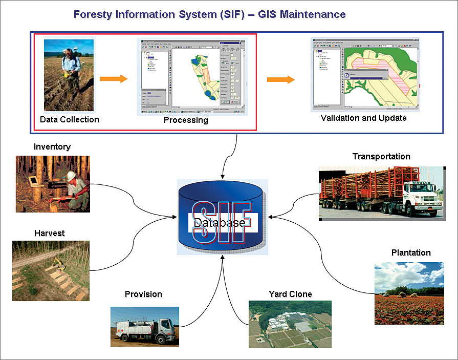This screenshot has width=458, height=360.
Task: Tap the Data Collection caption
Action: click(70, 119)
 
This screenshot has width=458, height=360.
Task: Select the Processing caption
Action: click(186, 120)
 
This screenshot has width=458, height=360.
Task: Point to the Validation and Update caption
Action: click(363, 118)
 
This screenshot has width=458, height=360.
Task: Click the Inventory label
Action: click(52, 147)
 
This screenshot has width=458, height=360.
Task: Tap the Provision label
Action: click(143, 294)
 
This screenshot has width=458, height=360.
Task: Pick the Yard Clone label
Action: click(290, 294)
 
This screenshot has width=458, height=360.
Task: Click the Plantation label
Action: click(411, 252)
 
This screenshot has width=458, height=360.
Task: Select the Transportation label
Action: click(381, 156)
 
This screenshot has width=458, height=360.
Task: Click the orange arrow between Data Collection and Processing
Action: click(113, 79)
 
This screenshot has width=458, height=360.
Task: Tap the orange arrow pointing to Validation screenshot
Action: click(281, 79)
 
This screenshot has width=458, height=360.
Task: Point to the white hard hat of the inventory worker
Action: click(71, 176)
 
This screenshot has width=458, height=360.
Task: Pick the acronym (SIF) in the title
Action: click(205, 14)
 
